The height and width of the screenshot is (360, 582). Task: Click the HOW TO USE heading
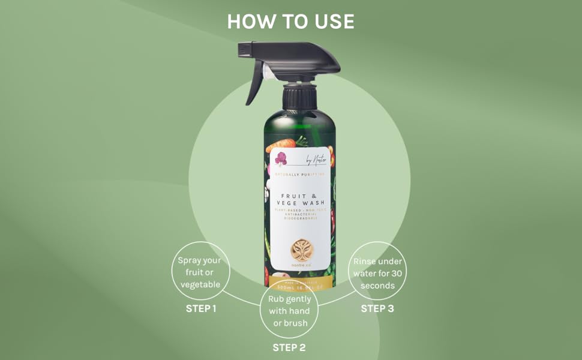(x=290, y=22)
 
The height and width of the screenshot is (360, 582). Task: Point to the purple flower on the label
(x=281, y=159)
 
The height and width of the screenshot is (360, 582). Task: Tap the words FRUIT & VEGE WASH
(x=299, y=199)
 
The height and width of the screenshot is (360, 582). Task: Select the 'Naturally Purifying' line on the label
(x=299, y=175)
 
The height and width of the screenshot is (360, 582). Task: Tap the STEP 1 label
(x=200, y=309)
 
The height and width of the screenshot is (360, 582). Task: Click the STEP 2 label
(x=289, y=347)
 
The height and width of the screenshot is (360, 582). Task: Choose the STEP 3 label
(x=377, y=309)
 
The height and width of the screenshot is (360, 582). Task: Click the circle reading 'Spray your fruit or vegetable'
(x=200, y=272)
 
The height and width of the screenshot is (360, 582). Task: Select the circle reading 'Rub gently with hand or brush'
(x=289, y=310)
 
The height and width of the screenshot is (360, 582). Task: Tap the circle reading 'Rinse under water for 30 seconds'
(x=377, y=272)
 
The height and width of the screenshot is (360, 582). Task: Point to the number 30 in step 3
(x=395, y=274)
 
